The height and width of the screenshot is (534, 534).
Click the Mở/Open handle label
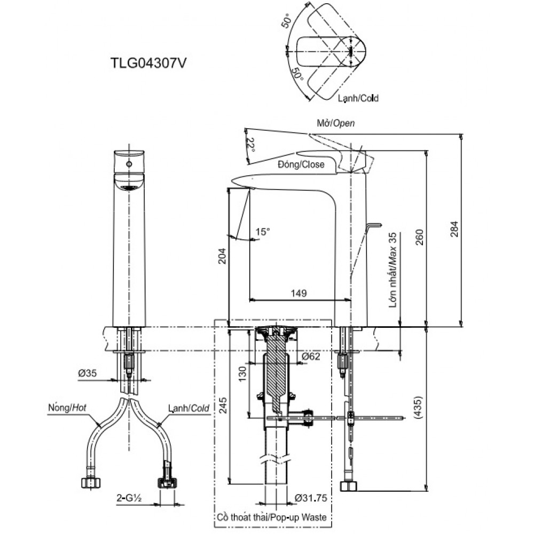tap(336, 123)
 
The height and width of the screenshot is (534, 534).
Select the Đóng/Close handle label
tap(301, 164)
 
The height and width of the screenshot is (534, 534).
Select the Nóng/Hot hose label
tap(67, 407)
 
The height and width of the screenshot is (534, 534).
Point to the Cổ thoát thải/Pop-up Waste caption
tap(272, 517)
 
